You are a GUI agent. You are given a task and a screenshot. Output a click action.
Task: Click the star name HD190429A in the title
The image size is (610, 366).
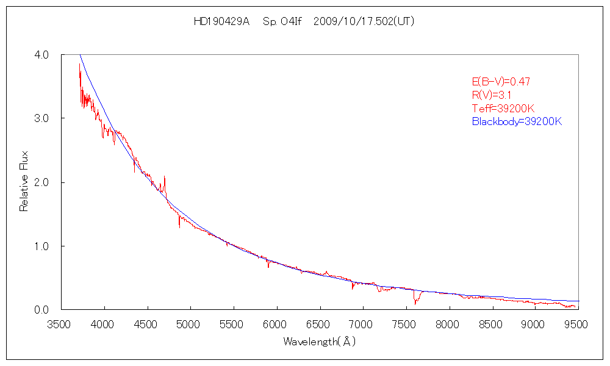(x=221, y=21)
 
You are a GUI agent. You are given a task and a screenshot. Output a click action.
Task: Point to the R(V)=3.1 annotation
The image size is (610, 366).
(x=492, y=95)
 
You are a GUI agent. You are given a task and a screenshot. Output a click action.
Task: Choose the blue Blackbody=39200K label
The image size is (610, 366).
(x=517, y=121)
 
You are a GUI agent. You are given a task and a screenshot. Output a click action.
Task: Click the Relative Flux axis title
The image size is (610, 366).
(x=24, y=182)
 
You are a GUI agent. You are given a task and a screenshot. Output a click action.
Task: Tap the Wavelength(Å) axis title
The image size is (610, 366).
(x=319, y=342)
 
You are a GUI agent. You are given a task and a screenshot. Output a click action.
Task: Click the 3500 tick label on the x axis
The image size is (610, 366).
(x=61, y=324)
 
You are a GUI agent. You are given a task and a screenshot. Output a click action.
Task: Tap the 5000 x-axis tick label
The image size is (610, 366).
(x=190, y=324)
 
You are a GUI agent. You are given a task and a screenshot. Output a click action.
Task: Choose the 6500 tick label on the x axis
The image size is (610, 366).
(x=320, y=324)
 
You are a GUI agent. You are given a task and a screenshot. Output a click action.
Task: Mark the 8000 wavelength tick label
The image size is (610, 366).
(x=449, y=324)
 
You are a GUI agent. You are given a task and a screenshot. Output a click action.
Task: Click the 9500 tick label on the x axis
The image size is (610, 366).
(x=578, y=324)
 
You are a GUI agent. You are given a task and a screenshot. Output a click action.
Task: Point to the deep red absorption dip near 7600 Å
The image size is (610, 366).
(x=415, y=300)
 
